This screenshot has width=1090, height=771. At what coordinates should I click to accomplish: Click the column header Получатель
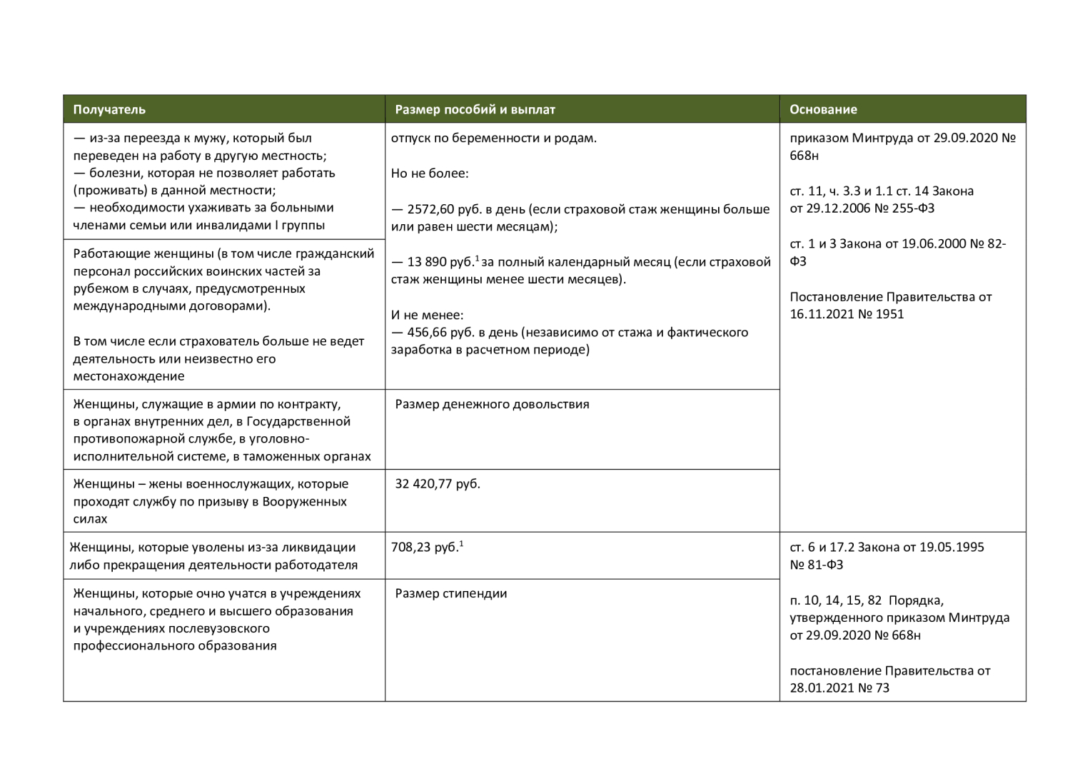pyautogui.click(x=109, y=109)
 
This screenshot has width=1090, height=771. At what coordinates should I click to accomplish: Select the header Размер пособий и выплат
pyautogui.click(x=475, y=109)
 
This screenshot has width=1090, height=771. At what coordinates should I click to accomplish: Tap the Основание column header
pyautogui.click(x=823, y=109)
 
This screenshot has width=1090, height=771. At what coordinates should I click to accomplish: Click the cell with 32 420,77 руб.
pyautogui.click(x=438, y=483)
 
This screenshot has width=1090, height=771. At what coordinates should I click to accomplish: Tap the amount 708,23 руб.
pyautogui.click(x=425, y=548)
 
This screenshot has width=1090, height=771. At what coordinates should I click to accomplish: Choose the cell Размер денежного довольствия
pyautogui.click(x=492, y=404)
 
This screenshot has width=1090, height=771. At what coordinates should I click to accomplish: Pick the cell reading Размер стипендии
pyautogui.click(x=451, y=593)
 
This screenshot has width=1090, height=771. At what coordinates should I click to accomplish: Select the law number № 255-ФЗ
pyautogui.click(x=905, y=208)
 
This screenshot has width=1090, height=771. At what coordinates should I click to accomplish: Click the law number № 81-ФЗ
pyautogui.click(x=817, y=565)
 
